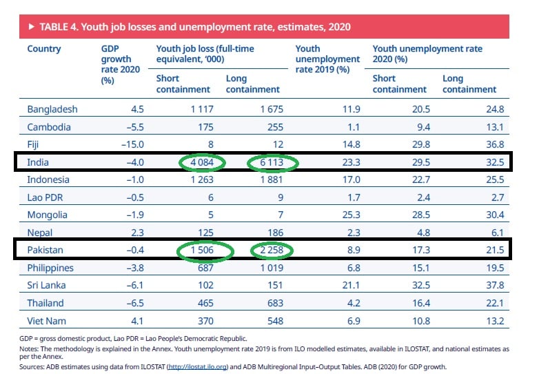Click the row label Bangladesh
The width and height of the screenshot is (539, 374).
coord(52,109)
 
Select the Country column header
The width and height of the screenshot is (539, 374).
coord(44,49)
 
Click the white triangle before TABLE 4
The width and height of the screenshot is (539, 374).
coord(32,27)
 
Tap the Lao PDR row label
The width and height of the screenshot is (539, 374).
coord(47,197)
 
